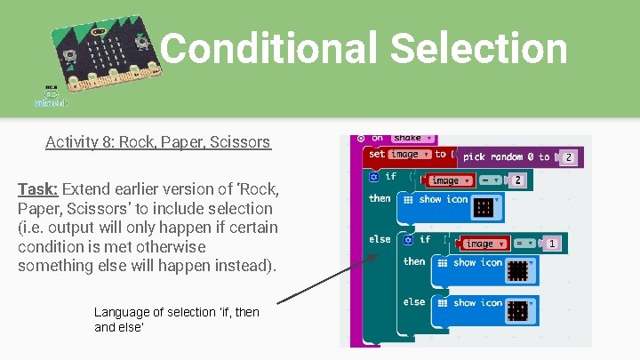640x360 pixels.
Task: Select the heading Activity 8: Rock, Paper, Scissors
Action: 158,142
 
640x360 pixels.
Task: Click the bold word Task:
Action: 37,188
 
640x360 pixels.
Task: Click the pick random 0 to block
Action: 507,156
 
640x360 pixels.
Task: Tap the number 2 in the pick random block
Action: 568,157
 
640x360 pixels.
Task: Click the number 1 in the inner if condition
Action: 552,243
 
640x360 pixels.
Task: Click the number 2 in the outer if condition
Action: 517,180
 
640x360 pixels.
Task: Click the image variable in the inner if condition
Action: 481,243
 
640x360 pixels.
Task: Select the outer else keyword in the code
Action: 380,239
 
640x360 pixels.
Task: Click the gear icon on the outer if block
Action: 373,177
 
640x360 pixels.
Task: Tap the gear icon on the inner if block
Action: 407,239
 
